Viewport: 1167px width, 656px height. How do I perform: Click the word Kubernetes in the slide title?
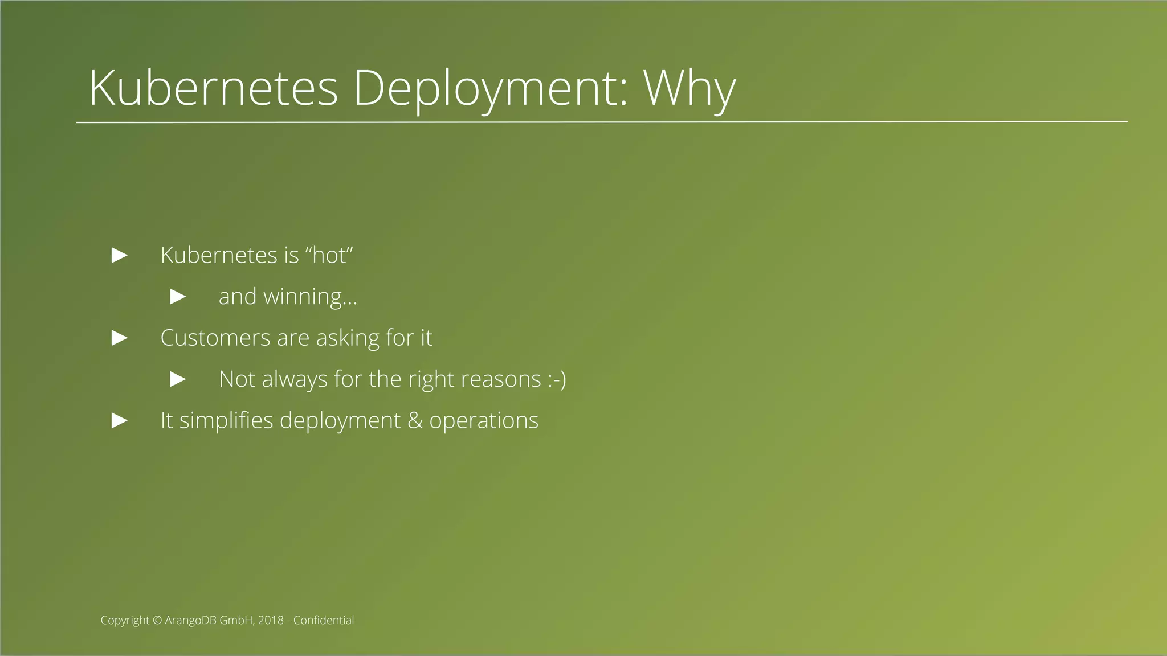tap(214, 88)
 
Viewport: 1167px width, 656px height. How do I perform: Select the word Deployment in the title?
tap(490, 88)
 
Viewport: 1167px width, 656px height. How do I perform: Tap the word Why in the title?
tap(689, 88)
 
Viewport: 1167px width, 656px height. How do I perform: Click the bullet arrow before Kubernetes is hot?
tap(119, 255)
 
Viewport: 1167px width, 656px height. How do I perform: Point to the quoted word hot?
tap(330, 255)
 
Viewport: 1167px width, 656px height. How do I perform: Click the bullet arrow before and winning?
tap(178, 296)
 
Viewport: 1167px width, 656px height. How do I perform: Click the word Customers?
tap(215, 338)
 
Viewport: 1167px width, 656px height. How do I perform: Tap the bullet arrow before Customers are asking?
tap(119, 338)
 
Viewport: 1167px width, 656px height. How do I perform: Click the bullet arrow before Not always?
tap(178, 379)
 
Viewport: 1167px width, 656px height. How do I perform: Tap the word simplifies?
tap(226, 421)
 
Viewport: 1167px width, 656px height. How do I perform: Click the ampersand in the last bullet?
tap(415, 421)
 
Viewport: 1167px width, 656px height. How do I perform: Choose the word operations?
tap(483, 421)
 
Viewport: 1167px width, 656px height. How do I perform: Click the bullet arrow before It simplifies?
tap(119, 421)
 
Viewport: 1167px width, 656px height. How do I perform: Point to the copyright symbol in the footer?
tap(157, 621)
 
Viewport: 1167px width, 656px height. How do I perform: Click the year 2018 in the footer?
tap(271, 621)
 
